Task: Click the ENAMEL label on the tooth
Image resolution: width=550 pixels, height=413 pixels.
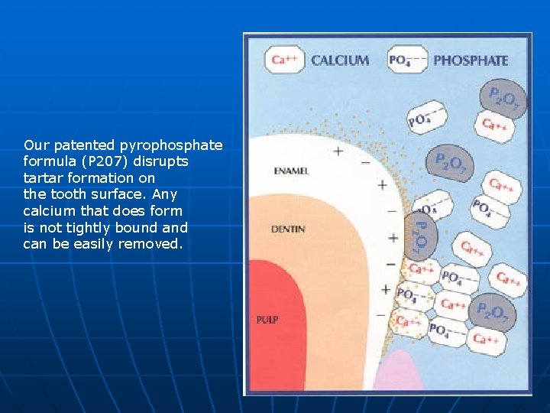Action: click(x=291, y=171)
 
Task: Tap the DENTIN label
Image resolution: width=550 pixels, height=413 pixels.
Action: click(x=289, y=229)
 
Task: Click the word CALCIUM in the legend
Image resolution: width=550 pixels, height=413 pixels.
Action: click(x=340, y=60)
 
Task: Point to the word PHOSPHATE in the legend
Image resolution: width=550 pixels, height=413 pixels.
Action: click(x=471, y=60)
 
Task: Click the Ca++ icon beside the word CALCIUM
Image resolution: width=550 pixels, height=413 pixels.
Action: click(x=286, y=60)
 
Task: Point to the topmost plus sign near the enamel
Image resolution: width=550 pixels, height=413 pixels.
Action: click(x=338, y=151)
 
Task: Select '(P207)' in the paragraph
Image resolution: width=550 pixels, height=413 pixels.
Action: click(x=101, y=162)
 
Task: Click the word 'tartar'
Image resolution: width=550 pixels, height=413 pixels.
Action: click(x=41, y=178)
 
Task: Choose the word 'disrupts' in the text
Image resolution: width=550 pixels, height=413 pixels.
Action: click(x=164, y=162)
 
